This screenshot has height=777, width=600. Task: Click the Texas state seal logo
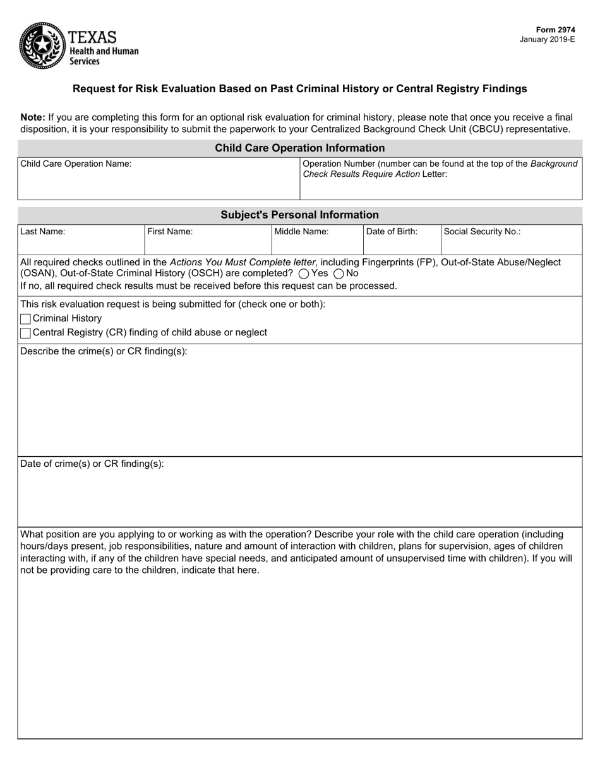click(42, 45)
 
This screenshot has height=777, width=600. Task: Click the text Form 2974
click(555, 30)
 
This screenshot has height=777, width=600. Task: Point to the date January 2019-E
click(547, 39)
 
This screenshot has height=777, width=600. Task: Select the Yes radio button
click(303, 274)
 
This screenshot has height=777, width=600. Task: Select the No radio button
click(339, 274)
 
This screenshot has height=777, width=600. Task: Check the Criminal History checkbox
click(25, 319)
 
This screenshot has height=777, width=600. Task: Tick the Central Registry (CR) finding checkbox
click(25, 333)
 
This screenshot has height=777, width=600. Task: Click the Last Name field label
click(42, 232)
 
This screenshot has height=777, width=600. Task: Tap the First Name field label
click(170, 232)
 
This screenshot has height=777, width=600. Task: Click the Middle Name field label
click(301, 232)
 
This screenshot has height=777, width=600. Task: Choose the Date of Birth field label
click(392, 232)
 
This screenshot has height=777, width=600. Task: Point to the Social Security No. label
click(482, 232)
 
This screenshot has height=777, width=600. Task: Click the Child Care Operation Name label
click(76, 164)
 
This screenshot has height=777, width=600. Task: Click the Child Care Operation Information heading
click(299, 148)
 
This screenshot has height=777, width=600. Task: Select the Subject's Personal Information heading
click(299, 215)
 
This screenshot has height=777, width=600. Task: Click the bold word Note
click(32, 117)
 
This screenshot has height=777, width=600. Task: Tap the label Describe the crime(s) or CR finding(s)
click(104, 351)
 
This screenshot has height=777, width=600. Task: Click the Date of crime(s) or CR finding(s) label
click(92, 464)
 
